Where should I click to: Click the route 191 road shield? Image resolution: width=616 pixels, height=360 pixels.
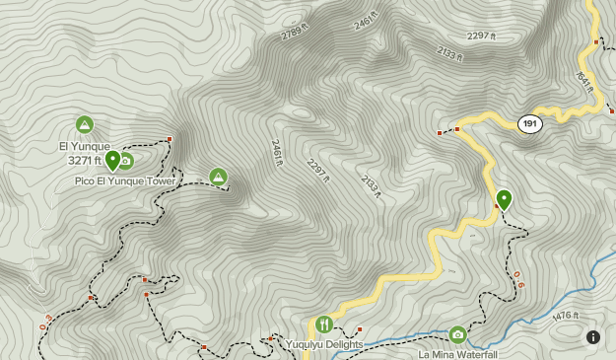click(x=530, y=123)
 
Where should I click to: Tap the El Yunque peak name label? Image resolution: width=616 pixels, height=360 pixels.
click(x=85, y=147)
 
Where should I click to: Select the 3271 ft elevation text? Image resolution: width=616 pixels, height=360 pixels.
click(x=85, y=161)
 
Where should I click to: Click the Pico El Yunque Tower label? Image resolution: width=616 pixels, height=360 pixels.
click(x=125, y=181)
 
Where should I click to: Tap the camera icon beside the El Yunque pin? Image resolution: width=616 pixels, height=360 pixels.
click(x=126, y=161)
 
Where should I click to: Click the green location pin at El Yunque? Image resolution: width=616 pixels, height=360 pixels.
click(x=112, y=160)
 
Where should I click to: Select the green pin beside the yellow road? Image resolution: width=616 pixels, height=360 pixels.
click(x=504, y=200)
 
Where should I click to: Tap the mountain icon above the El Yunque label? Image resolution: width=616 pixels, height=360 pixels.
click(x=85, y=124)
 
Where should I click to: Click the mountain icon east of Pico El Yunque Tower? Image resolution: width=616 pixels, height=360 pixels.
click(x=218, y=177)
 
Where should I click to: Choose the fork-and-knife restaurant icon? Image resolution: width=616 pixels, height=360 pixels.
click(x=324, y=324)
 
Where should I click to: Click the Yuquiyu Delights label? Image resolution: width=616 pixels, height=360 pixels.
click(x=325, y=344)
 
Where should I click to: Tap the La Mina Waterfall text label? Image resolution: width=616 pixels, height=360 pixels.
click(x=457, y=354)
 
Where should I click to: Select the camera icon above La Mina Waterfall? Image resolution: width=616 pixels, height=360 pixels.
click(x=457, y=334)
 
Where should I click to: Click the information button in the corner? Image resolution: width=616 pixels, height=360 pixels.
click(x=593, y=337)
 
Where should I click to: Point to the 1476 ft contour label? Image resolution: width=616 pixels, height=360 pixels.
click(x=566, y=316)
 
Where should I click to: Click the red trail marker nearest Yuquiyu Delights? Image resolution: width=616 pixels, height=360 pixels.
click(x=360, y=328)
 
